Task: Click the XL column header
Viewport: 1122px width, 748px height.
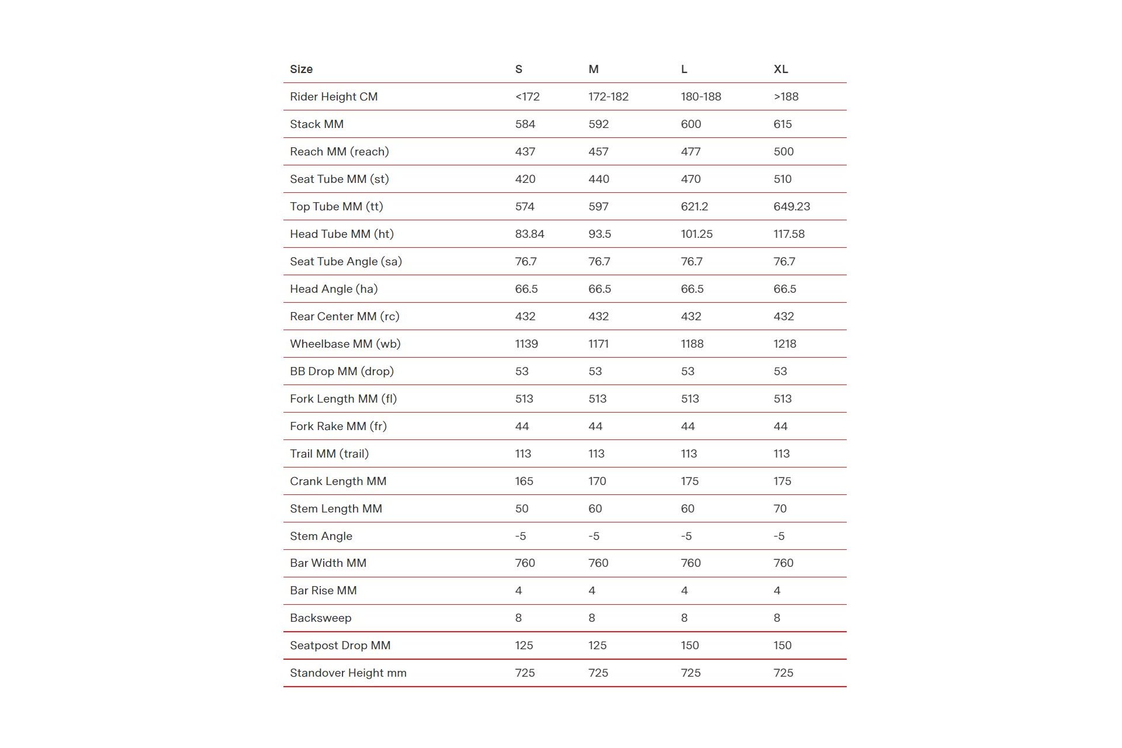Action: click(x=781, y=69)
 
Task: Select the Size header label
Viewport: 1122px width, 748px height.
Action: click(x=301, y=69)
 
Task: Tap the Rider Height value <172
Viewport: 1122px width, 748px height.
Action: click(x=527, y=96)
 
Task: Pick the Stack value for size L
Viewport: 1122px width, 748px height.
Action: click(x=691, y=124)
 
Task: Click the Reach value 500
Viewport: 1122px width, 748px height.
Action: click(x=784, y=151)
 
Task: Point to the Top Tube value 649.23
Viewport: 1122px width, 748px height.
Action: click(x=792, y=206)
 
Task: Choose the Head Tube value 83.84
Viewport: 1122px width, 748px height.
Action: click(x=529, y=234)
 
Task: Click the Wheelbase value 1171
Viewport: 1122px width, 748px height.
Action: click(x=598, y=344)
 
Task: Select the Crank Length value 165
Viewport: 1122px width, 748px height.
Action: click(x=524, y=481)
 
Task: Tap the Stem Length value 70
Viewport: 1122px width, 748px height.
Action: click(x=780, y=508)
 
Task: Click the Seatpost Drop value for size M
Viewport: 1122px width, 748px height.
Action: click(x=597, y=645)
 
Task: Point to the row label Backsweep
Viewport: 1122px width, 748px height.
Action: click(x=320, y=618)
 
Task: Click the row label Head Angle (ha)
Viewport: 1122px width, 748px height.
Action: click(x=334, y=289)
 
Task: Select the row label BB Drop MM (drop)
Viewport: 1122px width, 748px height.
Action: click(x=342, y=371)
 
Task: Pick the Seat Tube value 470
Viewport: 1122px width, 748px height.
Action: click(x=691, y=179)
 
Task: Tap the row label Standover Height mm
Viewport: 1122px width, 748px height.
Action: click(x=348, y=673)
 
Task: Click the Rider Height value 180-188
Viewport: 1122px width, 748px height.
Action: click(x=701, y=96)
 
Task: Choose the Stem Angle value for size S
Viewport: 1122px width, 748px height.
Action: click(x=521, y=536)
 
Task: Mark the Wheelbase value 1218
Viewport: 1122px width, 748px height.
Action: click(x=785, y=344)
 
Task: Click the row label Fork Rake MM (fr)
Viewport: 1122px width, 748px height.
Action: click(x=338, y=426)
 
